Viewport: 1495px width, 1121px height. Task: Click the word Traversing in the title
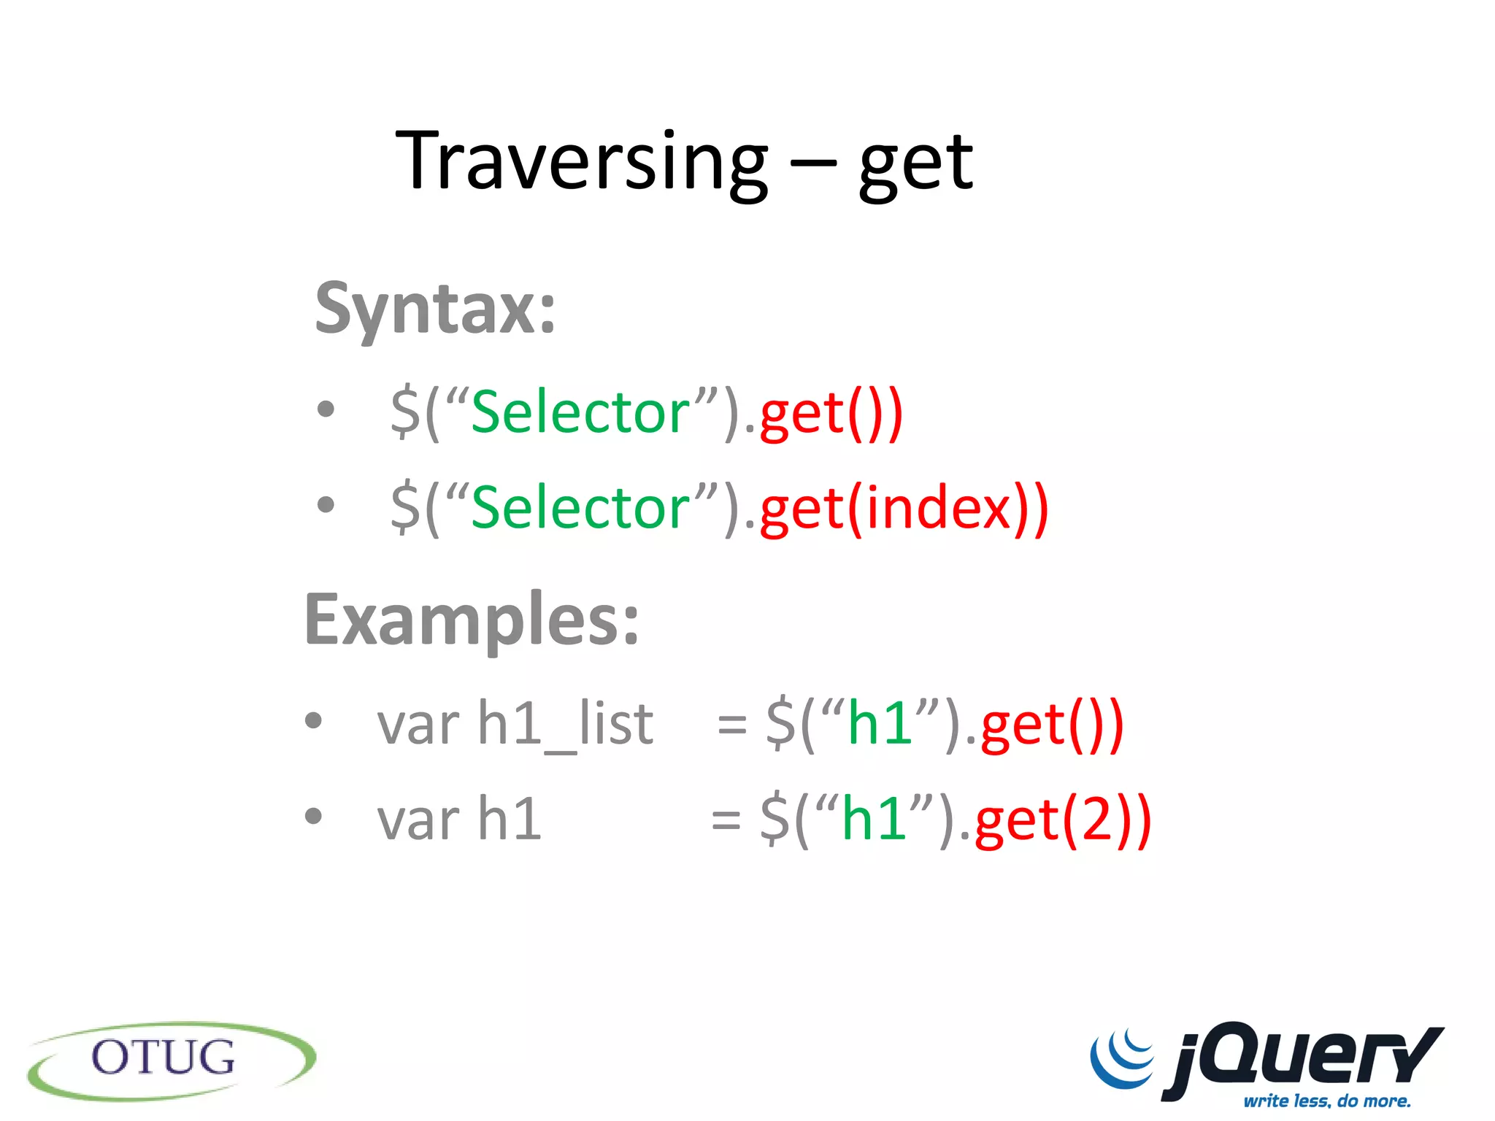581,161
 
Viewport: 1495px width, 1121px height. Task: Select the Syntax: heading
435,309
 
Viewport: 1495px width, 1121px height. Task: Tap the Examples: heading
472,620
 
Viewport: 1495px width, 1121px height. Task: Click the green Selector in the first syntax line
580,413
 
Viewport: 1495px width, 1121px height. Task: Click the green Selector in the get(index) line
580,508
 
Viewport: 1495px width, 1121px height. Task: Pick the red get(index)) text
904,508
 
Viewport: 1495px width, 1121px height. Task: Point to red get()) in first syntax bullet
831,415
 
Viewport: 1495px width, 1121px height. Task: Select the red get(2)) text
1063,820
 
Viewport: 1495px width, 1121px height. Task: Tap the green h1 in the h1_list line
880,724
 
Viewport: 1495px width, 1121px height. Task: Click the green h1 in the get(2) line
874,819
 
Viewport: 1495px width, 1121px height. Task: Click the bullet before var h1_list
313,721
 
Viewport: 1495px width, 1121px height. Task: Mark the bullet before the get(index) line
326,504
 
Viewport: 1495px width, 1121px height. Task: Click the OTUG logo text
164,1058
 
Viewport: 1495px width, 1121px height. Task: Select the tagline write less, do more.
1327,1101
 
